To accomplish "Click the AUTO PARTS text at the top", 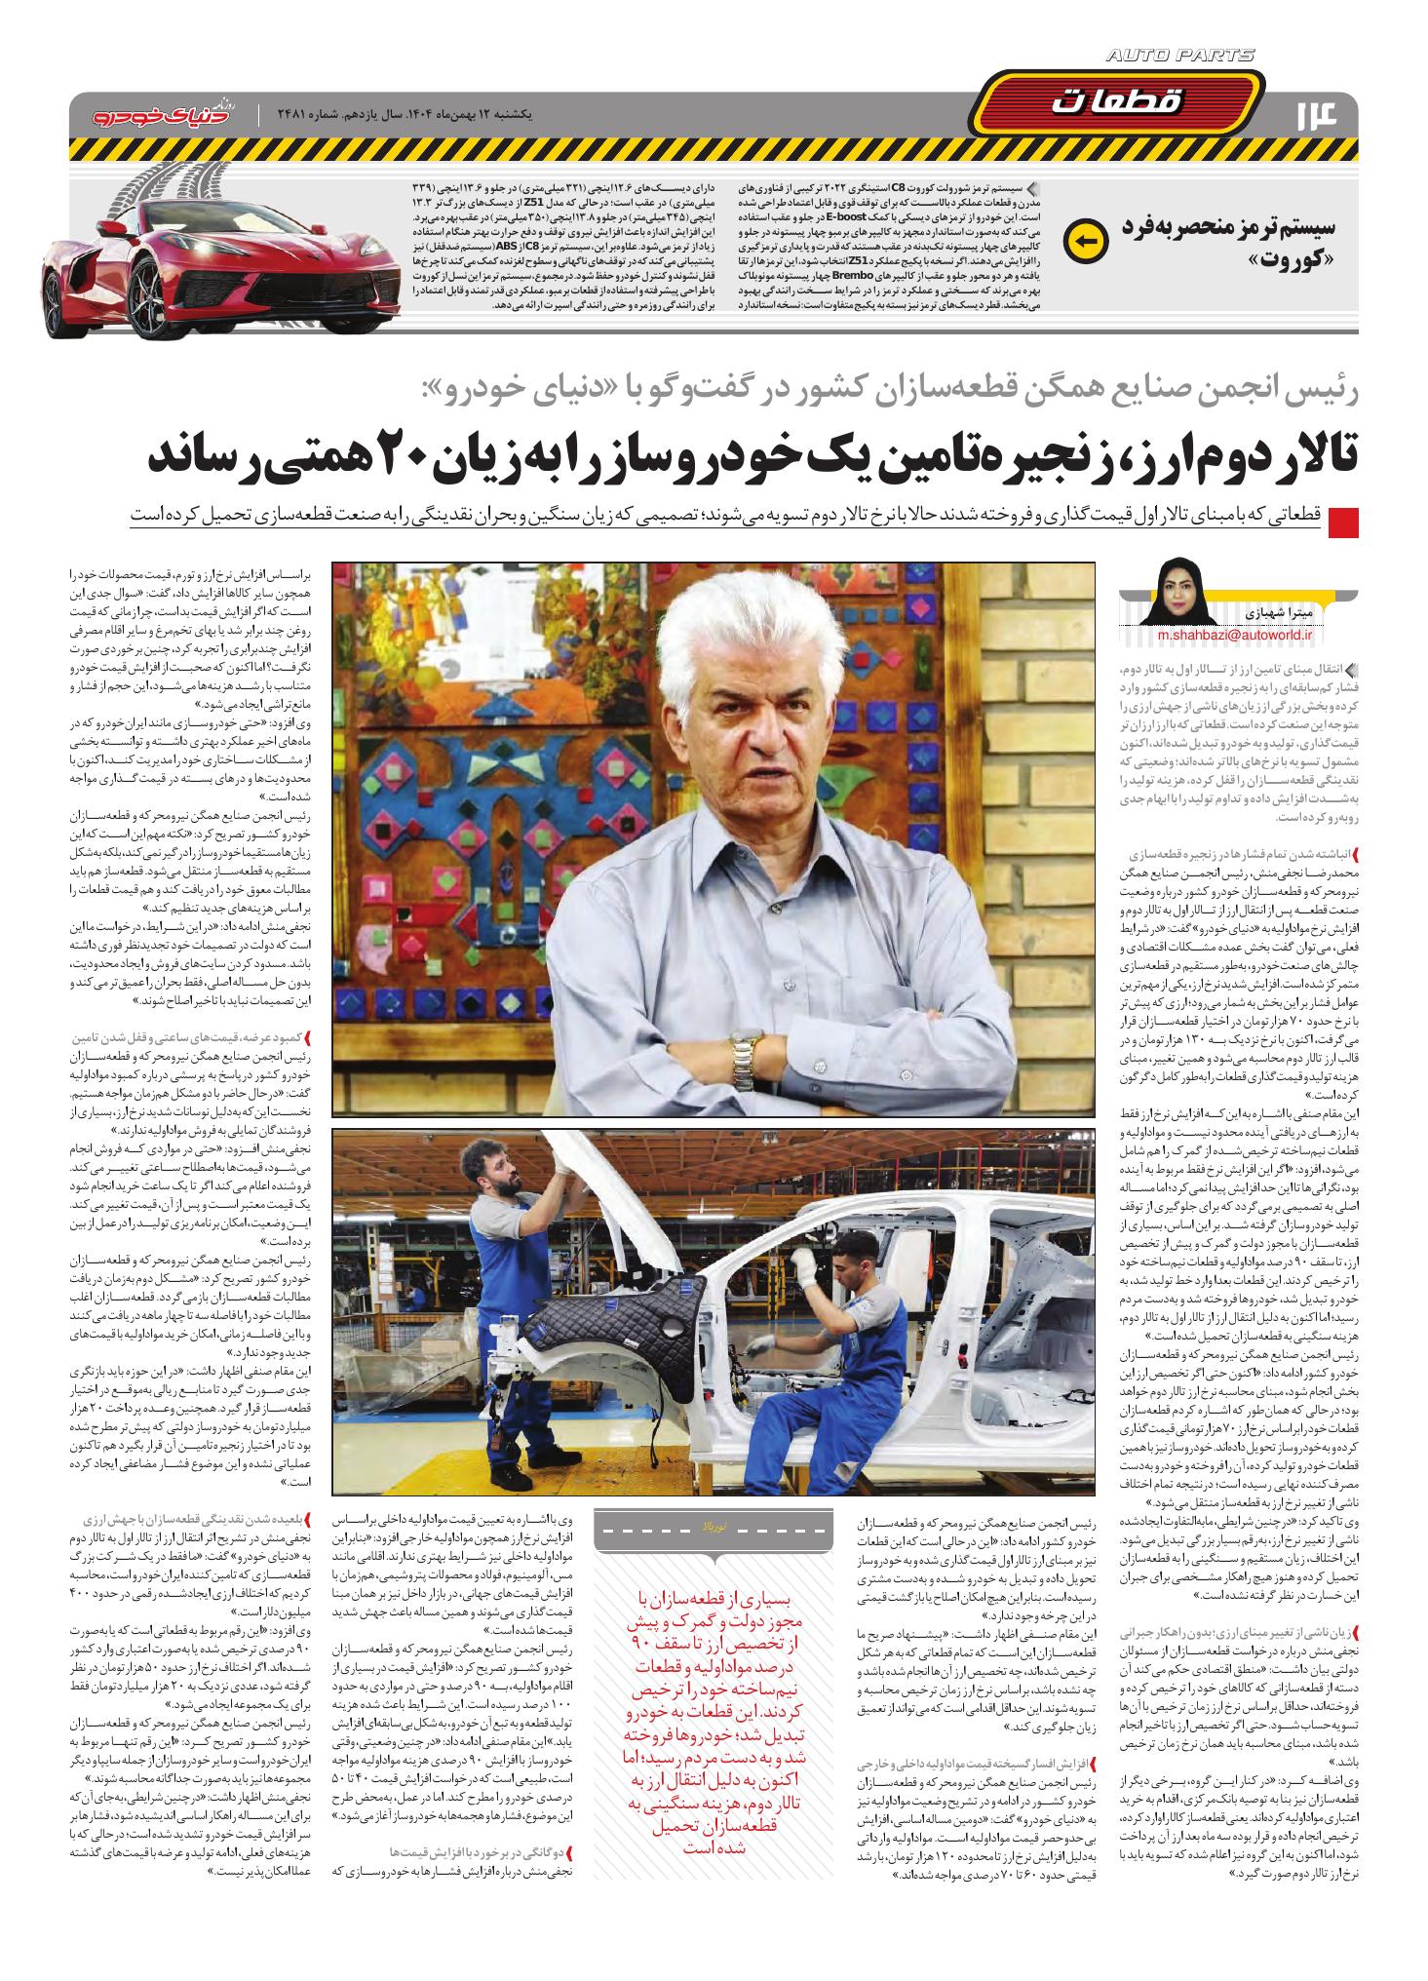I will (x=1179, y=57).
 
